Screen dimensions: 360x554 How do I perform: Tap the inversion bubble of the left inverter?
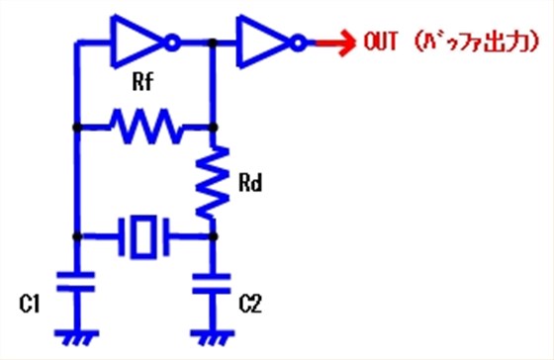click(x=173, y=43)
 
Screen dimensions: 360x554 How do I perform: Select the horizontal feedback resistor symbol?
click(x=145, y=127)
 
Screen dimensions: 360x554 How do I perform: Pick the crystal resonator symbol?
click(x=145, y=236)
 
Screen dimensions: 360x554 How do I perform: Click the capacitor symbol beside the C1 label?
click(x=76, y=282)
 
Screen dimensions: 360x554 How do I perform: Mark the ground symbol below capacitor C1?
click(x=76, y=336)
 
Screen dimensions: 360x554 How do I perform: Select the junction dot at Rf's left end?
click(x=76, y=127)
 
